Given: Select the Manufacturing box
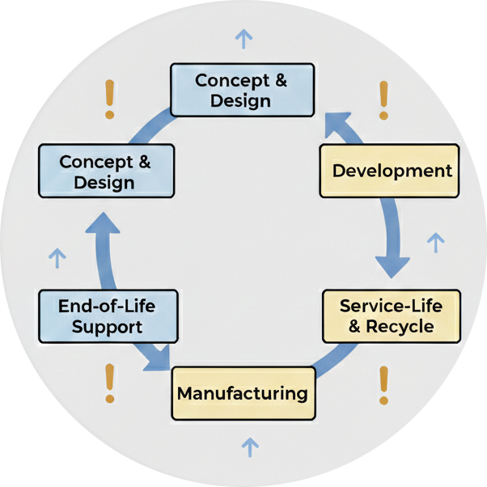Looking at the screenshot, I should coord(243,393).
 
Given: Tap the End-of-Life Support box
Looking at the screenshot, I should coord(107,316).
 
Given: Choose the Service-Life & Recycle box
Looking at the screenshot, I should coord(392,315).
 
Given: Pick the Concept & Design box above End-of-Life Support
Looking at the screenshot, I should coord(106,172).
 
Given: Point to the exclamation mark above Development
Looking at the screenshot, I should coord(384,100).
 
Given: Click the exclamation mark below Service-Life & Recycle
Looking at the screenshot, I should coord(383,385).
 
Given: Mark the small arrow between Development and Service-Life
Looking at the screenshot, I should coord(435,242).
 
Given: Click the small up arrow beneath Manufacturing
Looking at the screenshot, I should coord(251,447).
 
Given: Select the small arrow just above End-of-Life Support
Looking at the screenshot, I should coord(57,257).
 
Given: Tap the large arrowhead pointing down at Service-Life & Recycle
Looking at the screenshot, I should coord(392,265).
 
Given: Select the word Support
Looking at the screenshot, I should coord(107,327).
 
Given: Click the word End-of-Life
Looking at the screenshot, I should coord(107,306).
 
